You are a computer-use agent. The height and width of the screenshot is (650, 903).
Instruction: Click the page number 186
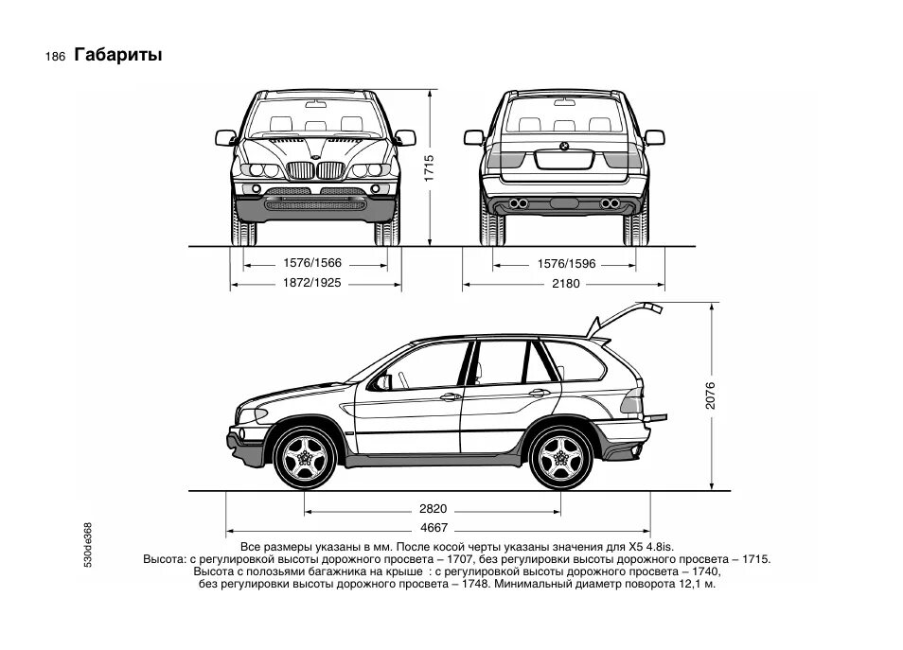coord(54,57)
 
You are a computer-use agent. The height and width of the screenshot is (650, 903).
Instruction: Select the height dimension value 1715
coord(428,169)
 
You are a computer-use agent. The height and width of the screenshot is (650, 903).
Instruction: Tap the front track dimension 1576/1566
coord(312,264)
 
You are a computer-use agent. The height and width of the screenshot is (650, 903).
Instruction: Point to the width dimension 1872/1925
coord(312,283)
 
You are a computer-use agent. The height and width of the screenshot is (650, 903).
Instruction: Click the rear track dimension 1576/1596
coord(566,264)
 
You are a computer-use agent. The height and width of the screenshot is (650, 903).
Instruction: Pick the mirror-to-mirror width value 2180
coord(566,283)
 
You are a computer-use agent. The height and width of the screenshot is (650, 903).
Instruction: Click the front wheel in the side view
coord(305,458)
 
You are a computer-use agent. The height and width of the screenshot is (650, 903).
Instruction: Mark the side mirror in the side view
coord(383,382)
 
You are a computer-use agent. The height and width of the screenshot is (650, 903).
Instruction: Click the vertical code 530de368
coord(88,544)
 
